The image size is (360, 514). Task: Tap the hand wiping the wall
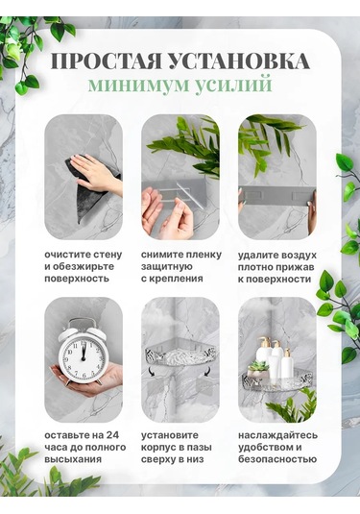(x=99, y=173)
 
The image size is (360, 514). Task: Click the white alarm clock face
(x=82, y=355)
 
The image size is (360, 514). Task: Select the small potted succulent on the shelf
(x=256, y=369)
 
